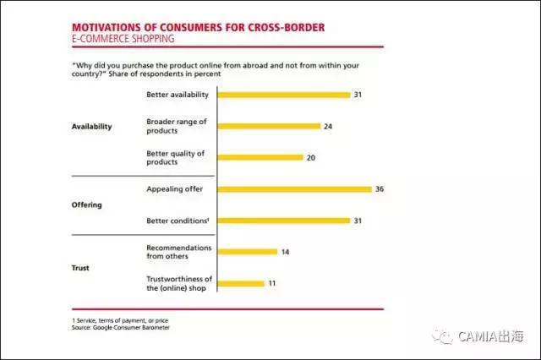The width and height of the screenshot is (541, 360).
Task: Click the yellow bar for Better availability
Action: pos(283,95)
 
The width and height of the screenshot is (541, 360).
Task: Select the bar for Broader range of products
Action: pos(269,126)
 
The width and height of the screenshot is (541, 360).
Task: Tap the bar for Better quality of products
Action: pos(260,157)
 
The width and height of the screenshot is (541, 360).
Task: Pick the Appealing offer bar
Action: pos(294,189)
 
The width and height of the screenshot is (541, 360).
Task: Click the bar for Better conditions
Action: pos(283,221)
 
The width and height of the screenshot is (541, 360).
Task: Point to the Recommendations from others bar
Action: pos(247,252)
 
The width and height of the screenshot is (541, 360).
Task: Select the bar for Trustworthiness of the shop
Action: pos(241,283)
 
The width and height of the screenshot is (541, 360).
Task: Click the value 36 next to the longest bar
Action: pos(380,189)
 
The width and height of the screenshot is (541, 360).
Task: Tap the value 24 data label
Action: pos(330,126)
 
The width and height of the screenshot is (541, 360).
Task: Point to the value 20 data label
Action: pos(312,157)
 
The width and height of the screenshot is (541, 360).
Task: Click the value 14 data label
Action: pos(286,252)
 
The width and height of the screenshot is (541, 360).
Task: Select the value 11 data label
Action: pos(272,283)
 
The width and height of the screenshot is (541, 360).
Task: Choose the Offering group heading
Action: pos(87,205)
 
